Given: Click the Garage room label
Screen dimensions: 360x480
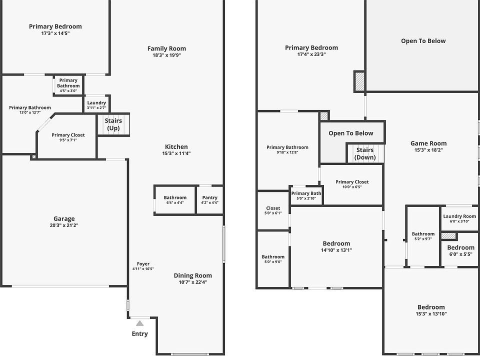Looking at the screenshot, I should point(64,218).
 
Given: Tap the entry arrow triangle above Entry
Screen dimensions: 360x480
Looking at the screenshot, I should point(139,323).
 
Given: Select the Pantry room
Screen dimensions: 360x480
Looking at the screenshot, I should point(209,200).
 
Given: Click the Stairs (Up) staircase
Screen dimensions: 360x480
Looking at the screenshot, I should point(113,124).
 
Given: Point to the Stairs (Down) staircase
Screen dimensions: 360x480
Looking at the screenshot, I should point(364,153).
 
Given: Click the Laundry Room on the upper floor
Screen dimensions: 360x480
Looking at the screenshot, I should point(459,218).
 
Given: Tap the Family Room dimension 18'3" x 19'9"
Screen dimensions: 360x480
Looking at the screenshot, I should point(166,55).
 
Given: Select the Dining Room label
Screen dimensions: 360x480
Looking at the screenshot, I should point(192,275).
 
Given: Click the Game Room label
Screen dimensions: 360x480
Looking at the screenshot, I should point(428,143).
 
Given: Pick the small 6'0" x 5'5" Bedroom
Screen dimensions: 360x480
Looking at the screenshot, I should point(460,250).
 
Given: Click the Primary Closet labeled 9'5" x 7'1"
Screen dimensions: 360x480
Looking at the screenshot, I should point(68,137).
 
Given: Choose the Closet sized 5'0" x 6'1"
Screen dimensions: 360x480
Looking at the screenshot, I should point(273,210).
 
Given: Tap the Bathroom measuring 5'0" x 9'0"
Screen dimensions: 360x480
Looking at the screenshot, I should point(273,259).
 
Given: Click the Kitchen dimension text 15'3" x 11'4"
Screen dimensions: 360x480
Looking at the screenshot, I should point(176,153).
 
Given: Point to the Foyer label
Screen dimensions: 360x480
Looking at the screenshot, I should point(143,264).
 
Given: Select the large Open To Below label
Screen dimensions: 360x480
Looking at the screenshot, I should point(423,41).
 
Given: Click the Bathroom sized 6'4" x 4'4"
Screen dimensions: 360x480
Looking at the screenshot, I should point(175,200).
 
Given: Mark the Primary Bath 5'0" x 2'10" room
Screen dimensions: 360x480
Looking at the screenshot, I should point(306,195).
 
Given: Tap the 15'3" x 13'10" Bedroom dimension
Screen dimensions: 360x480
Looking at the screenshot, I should point(431,314).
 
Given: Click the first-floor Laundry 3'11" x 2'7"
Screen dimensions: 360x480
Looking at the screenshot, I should point(96,105).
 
